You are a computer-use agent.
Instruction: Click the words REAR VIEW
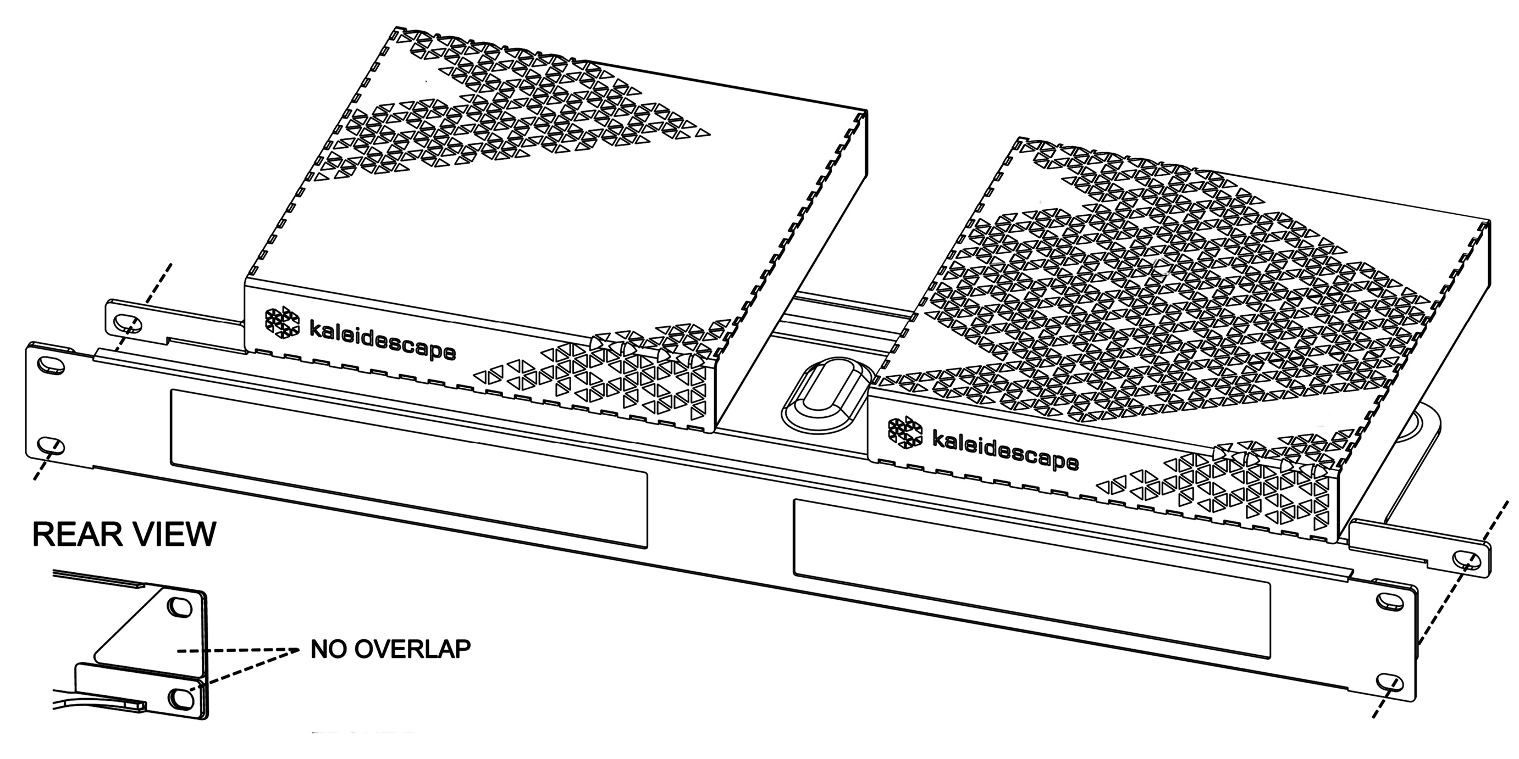tap(124, 534)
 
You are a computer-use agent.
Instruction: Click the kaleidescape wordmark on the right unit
tap(1006, 450)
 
